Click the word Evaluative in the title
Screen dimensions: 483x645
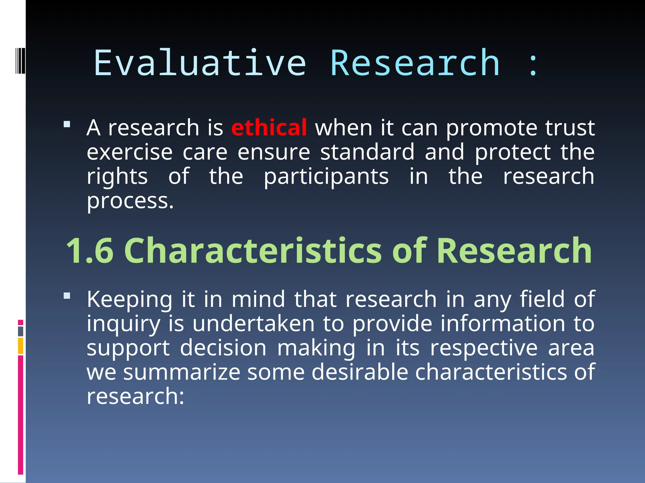coord(200,63)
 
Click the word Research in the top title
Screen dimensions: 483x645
coord(415,63)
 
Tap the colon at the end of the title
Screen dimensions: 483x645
coord(533,65)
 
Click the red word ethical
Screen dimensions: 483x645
coord(269,128)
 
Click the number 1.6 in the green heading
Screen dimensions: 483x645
coord(90,251)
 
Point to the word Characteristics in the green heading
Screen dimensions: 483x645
coord(253,251)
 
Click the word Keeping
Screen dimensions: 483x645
coord(129,299)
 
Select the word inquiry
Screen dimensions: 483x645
coord(123,324)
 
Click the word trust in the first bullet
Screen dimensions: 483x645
coord(570,128)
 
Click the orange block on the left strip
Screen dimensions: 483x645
coord(20,346)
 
